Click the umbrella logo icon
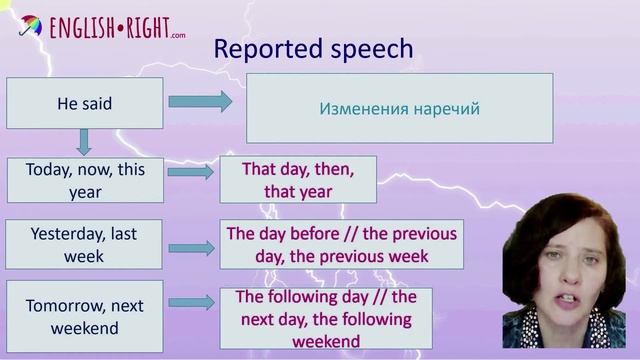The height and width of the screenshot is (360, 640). click(x=30, y=24)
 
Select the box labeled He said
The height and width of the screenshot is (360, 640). click(x=84, y=103)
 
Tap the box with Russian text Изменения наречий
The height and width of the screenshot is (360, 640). click(x=399, y=108)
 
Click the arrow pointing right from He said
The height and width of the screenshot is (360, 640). click(x=200, y=102)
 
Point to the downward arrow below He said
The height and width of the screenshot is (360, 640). click(x=84, y=141)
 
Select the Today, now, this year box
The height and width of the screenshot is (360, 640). click(x=84, y=180)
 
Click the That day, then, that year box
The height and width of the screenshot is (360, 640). click(x=298, y=180)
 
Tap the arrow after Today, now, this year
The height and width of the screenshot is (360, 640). click(x=191, y=172)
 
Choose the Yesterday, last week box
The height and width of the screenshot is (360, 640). click(x=84, y=244)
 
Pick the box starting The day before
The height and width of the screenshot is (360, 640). click(x=341, y=245)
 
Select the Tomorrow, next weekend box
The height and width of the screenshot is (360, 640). click(x=84, y=317)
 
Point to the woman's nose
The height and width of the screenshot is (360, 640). click(x=558, y=277)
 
